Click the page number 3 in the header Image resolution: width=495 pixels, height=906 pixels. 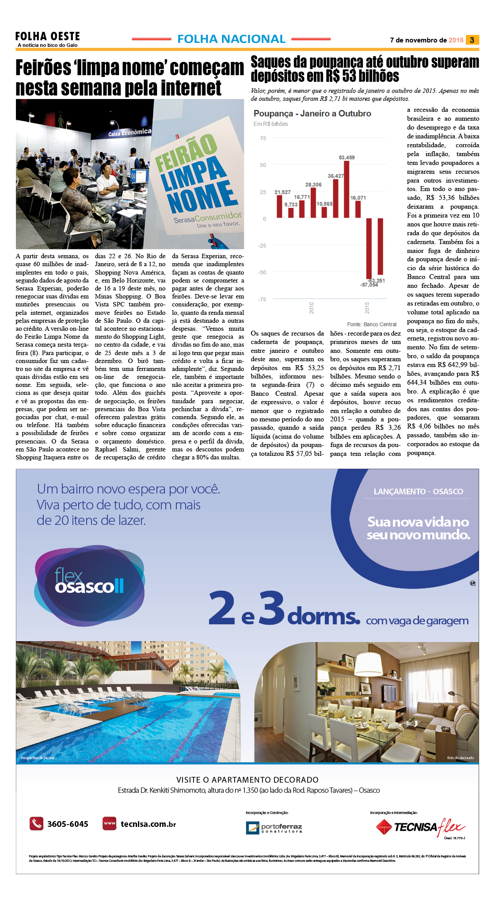tap(472, 40)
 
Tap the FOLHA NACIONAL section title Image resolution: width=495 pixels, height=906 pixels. tap(231, 39)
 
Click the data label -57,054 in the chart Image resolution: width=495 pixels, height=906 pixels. tap(369, 285)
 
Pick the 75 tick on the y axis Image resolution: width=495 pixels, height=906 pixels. tap(263, 138)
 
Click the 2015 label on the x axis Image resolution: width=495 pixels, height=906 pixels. tap(367, 308)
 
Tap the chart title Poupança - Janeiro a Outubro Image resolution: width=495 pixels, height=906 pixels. tap(312, 114)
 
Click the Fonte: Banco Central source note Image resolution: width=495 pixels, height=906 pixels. tap(372, 324)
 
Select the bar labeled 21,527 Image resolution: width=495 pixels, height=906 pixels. tap(279, 206)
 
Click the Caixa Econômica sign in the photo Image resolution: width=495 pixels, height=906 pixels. tap(129, 132)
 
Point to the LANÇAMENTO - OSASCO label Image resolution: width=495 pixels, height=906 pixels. tap(418, 491)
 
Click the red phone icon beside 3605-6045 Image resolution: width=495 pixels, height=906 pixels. tap(36, 824)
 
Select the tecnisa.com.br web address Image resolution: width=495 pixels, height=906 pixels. tap(148, 824)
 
